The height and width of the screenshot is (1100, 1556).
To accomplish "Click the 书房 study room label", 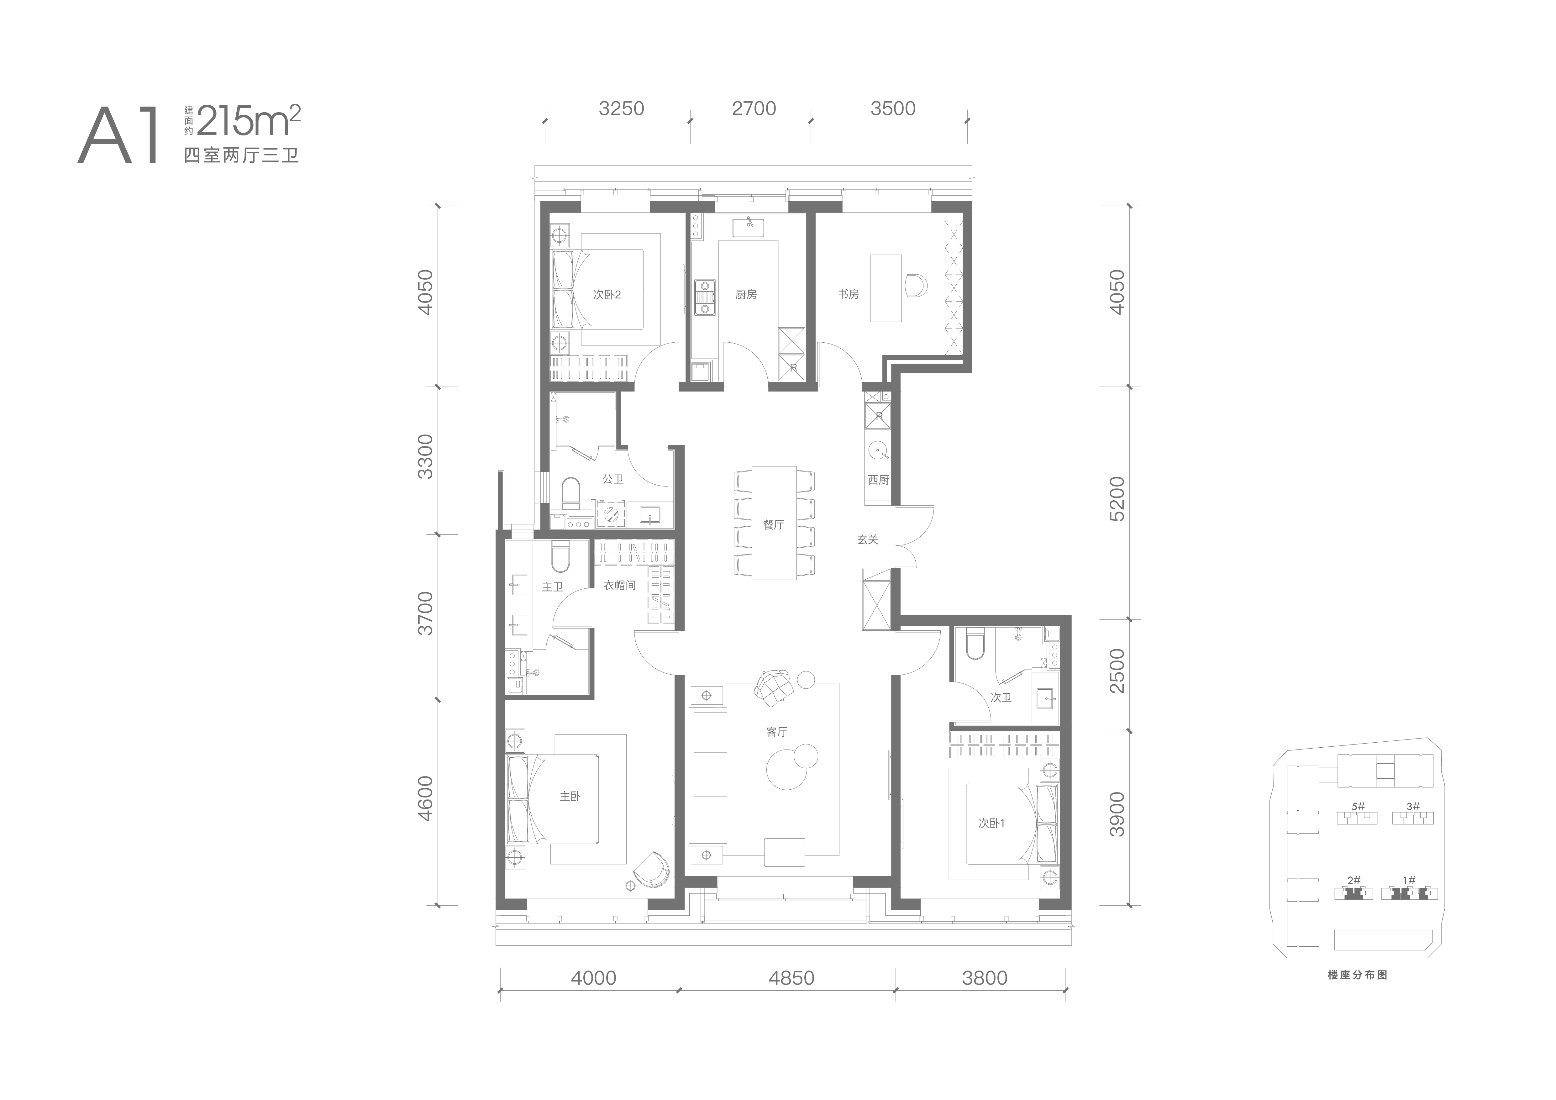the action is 849,294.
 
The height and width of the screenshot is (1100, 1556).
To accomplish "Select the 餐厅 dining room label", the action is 773,524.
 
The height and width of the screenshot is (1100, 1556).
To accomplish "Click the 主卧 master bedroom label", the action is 570,796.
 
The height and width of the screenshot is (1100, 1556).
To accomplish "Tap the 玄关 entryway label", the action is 867,539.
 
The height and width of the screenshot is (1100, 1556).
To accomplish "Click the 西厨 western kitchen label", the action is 878,480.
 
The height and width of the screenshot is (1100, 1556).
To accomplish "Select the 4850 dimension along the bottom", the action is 791,978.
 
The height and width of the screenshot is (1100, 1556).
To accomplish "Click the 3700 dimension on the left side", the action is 425,613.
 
